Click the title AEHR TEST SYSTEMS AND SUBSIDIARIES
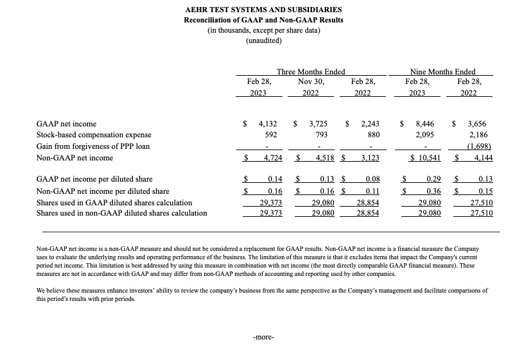(263, 10)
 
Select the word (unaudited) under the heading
(263, 40)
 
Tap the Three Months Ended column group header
(310, 72)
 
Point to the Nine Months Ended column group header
(442, 72)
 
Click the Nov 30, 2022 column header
(311, 87)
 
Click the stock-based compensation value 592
(271, 135)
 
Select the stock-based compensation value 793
(323, 135)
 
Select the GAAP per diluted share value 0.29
(433, 179)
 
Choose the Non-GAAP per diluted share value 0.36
(433, 191)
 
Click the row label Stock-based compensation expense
(94, 135)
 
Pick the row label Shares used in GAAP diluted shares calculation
(114, 202)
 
